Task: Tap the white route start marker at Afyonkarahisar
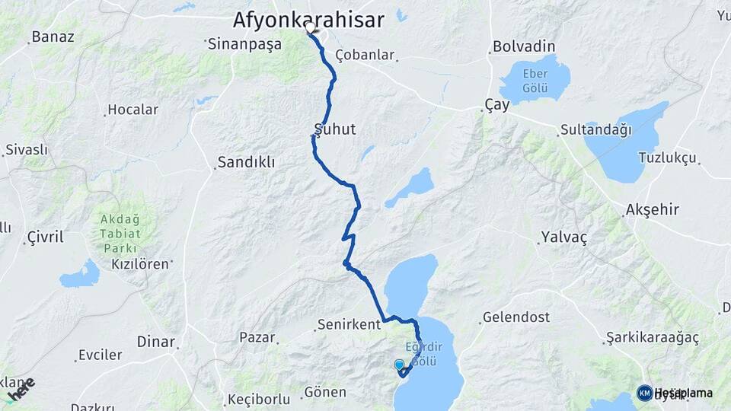coord(310,28)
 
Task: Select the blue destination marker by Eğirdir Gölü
coord(400,366)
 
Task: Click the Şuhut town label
coord(335,129)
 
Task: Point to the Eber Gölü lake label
coord(535,80)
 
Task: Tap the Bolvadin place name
coord(524,46)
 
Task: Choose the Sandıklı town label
coord(246,162)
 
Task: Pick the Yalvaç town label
coord(564,237)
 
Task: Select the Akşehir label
coord(651,209)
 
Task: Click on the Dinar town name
coord(156,342)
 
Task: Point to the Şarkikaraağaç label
coord(653,337)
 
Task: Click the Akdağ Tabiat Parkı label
coord(118,234)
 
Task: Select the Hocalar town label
coord(133,110)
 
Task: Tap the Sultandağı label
coord(596,130)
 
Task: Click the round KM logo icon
coord(644,393)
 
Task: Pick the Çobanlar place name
coord(365,55)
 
